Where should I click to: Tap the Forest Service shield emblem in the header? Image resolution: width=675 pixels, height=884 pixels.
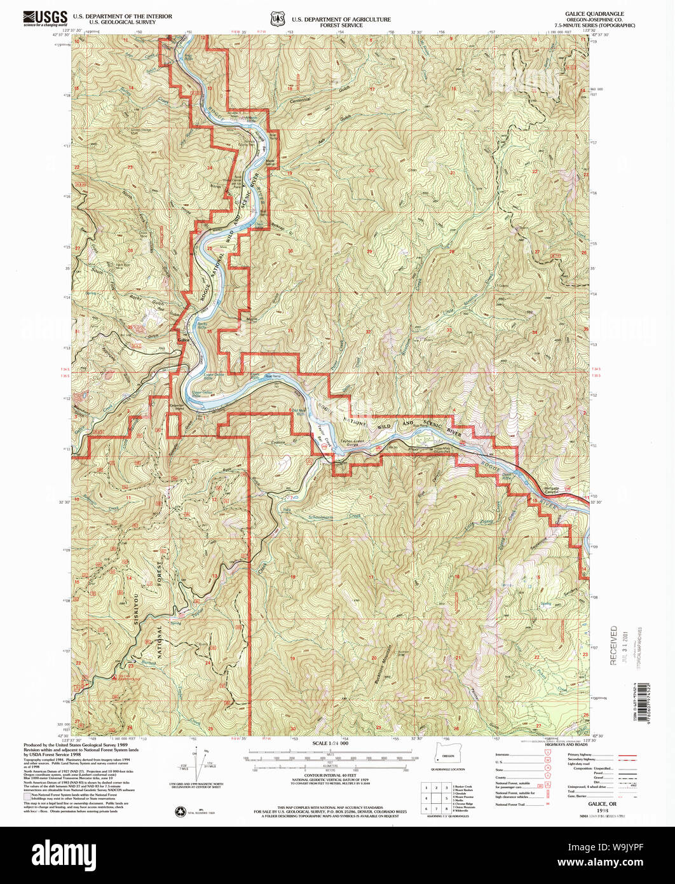(x=278, y=20)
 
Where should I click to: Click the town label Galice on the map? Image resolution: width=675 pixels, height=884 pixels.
(x=184, y=340)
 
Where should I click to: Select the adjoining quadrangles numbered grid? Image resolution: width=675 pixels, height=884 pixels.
(x=437, y=796)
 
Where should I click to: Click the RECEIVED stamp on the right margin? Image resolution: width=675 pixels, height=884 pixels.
(x=614, y=645)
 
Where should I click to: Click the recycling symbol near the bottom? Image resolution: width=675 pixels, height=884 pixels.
(x=179, y=811)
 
